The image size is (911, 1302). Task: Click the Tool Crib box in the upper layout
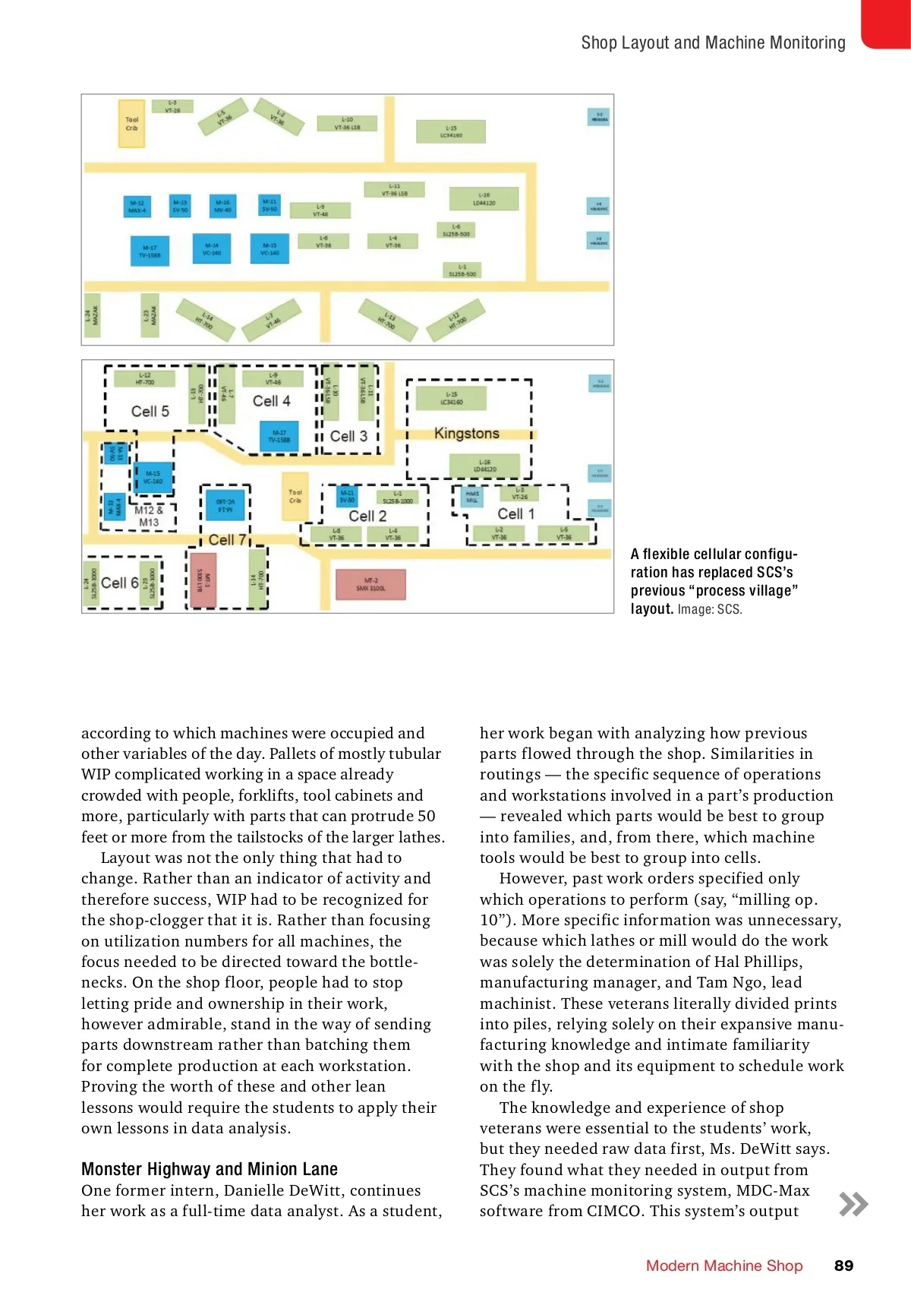(131, 124)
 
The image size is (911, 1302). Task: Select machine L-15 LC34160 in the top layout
(450, 132)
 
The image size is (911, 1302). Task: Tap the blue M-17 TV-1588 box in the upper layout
(150, 251)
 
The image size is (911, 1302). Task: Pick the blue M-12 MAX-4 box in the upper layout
(137, 207)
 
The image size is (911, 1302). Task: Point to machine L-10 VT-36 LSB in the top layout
(347, 124)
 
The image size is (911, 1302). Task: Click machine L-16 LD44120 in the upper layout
(484, 199)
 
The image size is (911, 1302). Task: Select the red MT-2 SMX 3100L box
(370, 584)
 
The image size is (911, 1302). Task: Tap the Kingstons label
(467, 433)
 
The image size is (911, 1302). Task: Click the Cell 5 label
(150, 411)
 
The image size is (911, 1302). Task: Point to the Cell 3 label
(348, 436)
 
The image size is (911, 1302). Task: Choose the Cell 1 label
(516, 514)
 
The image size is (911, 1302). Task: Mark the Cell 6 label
(119, 583)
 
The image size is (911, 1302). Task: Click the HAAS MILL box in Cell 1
(472, 497)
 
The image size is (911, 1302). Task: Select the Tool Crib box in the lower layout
(295, 496)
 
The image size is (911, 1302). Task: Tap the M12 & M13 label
(149, 516)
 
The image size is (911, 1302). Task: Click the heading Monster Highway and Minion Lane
(210, 1169)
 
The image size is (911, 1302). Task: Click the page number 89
(843, 1266)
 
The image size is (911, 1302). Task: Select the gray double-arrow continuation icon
(853, 1204)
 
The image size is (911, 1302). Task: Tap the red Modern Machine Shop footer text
(724, 1266)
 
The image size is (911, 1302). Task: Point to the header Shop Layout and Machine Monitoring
(713, 43)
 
